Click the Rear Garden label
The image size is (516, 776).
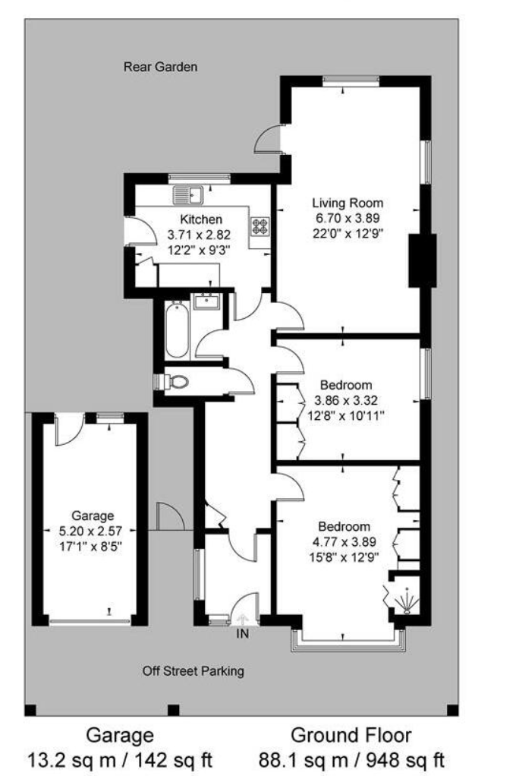point(160,67)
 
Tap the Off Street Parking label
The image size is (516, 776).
point(193,671)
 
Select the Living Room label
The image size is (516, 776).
point(348,203)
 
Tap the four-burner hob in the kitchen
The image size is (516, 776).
point(260,226)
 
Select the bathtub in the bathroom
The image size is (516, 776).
point(176,330)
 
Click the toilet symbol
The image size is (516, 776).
point(175,381)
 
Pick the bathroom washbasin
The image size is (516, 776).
point(206,302)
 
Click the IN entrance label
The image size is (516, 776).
point(242,632)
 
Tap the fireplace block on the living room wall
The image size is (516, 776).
point(422,261)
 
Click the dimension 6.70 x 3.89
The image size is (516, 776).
point(348,218)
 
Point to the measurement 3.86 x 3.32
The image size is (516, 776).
point(345,401)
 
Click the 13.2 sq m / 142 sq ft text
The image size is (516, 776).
point(119,759)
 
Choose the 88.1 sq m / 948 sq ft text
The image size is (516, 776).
point(351,759)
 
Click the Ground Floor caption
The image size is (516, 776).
point(351,735)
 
